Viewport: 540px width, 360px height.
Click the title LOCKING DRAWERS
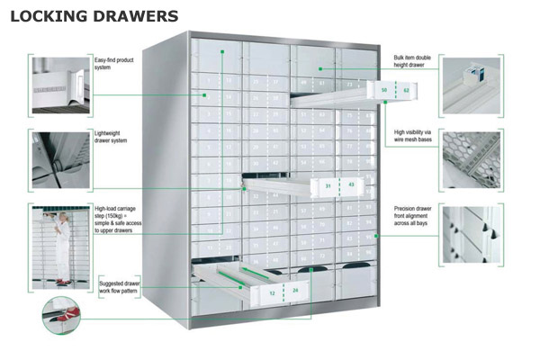(x=94, y=16)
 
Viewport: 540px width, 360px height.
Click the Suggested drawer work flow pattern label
(x=123, y=287)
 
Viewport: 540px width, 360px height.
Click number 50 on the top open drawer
(x=384, y=90)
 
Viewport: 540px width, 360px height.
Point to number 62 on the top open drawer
(x=406, y=90)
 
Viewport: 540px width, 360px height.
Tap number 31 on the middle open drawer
(x=328, y=186)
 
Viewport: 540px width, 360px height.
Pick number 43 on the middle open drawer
(x=350, y=186)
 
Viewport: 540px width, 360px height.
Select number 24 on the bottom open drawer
(x=295, y=291)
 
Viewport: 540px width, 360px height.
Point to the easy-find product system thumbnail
(x=59, y=85)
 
